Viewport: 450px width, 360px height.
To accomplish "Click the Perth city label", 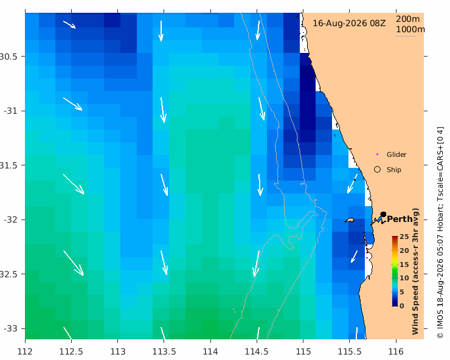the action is (x=400, y=220).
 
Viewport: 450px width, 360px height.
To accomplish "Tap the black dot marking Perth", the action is (x=383, y=215).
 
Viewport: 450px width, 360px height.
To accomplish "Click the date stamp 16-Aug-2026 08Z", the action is (x=349, y=23).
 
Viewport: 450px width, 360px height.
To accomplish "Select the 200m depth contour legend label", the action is (x=408, y=19).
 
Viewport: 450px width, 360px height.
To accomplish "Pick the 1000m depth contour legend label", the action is (x=410, y=29).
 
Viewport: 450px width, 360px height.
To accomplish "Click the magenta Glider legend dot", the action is (x=378, y=154).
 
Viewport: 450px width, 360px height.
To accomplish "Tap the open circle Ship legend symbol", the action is (x=378, y=170).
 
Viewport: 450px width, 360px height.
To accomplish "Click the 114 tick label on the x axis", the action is (x=210, y=351).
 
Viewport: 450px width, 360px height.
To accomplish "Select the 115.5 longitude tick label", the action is (x=350, y=351).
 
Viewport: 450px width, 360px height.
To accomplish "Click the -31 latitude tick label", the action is (x=10, y=111).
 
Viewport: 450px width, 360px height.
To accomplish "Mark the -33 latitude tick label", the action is (x=10, y=328).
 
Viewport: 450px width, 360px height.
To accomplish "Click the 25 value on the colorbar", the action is (x=404, y=237).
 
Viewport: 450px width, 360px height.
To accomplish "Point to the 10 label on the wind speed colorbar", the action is (x=404, y=278).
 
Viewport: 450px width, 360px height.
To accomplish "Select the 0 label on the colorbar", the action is (x=402, y=306).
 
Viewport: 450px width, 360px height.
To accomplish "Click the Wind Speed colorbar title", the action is (x=415, y=271).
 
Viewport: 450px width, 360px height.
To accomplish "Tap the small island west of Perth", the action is (x=350, y=221).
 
